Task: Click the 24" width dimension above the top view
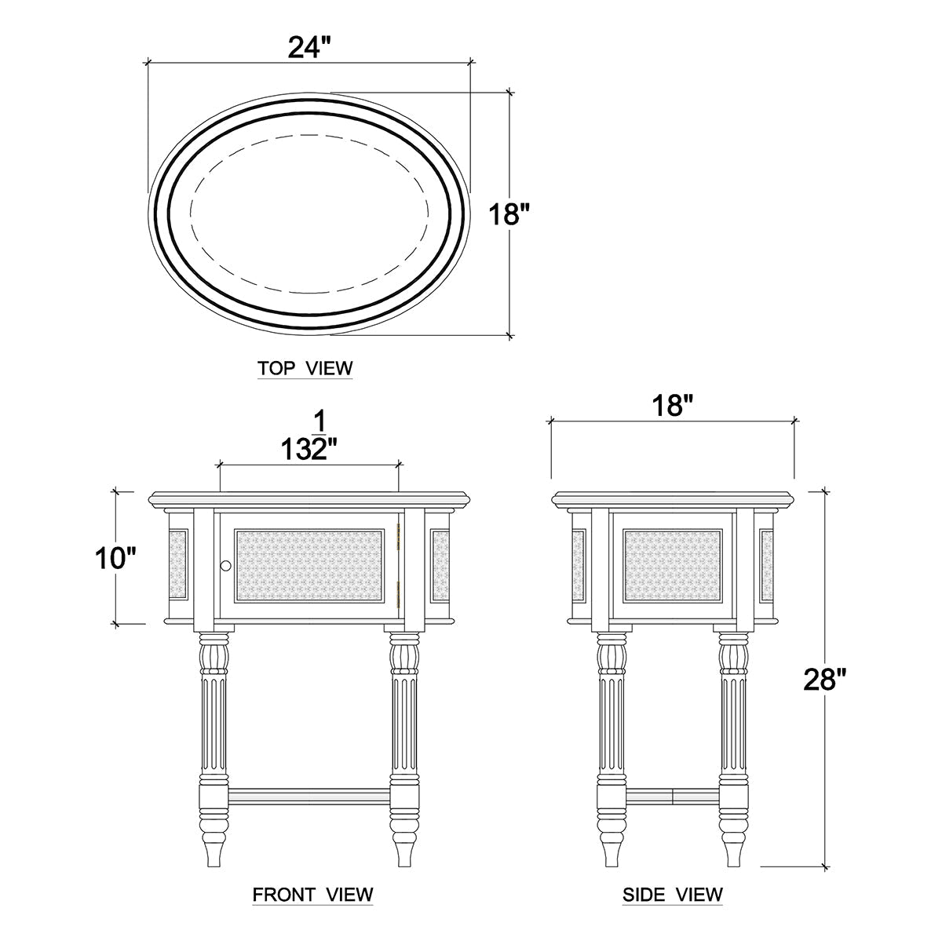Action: point(306,48)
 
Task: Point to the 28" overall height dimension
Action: point(826,680)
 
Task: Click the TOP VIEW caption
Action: point(305,368)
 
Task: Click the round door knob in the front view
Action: point(226,566)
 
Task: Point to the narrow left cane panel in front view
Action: point(179,565)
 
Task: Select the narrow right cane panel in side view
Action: point(765,565)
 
